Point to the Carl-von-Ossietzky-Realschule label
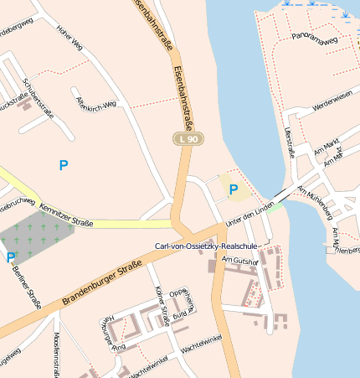tap(206, 246)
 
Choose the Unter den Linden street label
tap(250, 213)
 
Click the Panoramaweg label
tap(314, 39)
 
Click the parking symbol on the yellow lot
tap(234, 190)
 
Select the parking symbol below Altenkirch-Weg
tap(64, 166)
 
